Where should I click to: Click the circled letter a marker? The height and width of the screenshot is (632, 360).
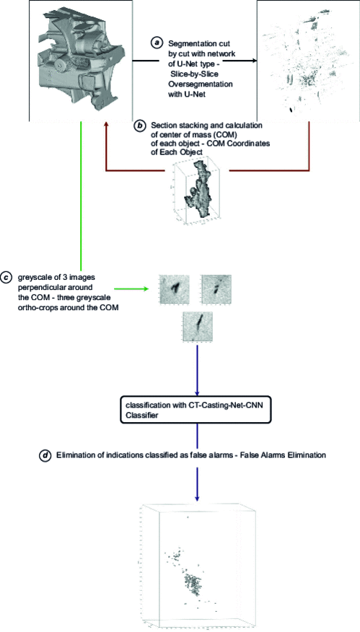[156, 43]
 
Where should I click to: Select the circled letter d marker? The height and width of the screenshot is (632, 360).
[46, 455]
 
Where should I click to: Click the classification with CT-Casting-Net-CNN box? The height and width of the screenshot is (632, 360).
[197, 409]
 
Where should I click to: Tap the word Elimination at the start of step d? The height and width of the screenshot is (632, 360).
[79, 455]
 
